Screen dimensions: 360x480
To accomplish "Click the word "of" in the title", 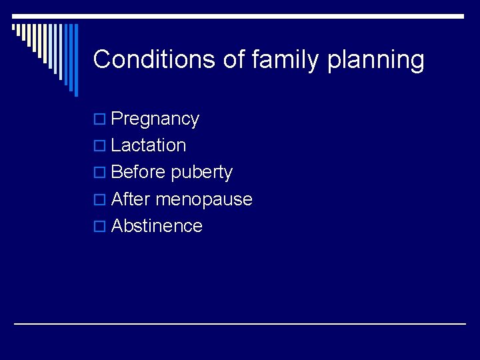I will [234, 59].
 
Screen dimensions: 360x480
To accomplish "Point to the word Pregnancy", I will [155, 119].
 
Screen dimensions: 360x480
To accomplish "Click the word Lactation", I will [149, 145].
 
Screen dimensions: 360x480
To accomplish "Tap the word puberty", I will [201, 173].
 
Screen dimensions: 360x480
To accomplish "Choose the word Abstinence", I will [157, 226].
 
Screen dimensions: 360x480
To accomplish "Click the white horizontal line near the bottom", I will [240, 324].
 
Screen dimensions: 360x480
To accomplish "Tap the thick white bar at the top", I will [267, 16].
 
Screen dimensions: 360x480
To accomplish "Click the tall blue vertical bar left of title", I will [75, 60].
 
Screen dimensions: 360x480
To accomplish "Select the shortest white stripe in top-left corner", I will [13, 28].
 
